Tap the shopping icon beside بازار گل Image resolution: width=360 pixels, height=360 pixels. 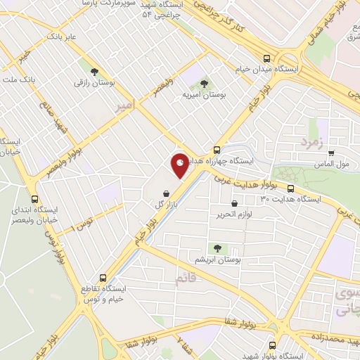point(165,193)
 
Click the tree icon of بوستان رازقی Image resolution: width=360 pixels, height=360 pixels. point(93,71)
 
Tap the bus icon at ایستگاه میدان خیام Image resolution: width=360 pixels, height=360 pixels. point(266,60)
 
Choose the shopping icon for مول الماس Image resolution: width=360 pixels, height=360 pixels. point(330,153)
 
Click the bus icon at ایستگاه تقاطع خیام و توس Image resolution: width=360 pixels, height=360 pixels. point(103,278)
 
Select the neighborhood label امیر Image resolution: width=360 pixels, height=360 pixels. point(122,105)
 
